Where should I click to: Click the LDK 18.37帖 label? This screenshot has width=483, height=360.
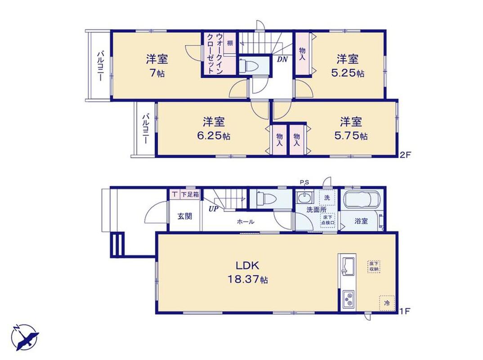click(247, 272)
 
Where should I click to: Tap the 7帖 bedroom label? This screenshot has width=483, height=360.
click(157, 66)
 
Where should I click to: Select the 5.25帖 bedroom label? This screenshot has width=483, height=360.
click(348, 66)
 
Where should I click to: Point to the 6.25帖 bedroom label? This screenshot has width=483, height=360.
click(214, 129)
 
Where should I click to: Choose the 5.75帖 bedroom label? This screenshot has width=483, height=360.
click(351, 129)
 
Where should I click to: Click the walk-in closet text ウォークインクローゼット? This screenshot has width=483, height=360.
click(215, 53)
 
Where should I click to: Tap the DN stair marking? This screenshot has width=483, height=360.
click(282, 59)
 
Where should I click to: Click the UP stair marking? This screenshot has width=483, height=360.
click(213, 209)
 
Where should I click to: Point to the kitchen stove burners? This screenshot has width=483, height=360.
click(349, 299)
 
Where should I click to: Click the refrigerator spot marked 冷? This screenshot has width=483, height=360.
click(387, 303)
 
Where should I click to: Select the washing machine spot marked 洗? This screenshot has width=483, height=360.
click(327, 198)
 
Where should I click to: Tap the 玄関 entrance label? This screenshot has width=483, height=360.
click(185, 216)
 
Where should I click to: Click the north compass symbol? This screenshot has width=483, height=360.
click(25, 337)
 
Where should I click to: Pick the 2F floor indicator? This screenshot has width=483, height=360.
click(405, 154)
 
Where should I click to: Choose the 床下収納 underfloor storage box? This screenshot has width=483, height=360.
click(374, 266)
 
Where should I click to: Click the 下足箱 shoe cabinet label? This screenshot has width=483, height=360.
click(189, 194)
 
